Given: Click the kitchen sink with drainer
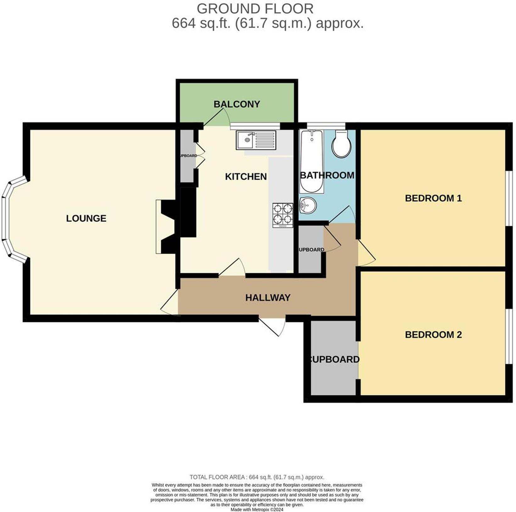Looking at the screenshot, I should (256, 140).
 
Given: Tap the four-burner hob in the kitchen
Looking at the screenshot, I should (283, 215).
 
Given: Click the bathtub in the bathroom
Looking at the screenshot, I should (311, 161).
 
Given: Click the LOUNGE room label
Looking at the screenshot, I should (86, 218).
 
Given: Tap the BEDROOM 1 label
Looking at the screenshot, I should (433, 198).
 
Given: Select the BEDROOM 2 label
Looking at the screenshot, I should (433, 335).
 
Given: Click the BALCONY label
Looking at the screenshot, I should (237, 104).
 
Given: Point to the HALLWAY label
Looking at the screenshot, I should (268, 298).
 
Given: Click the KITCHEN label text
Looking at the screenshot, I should (246, 177).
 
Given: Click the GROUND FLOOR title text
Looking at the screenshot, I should (255, 9).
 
